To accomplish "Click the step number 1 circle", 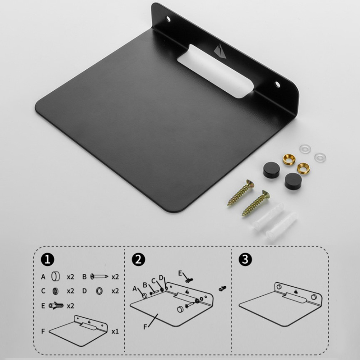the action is pyautogui.click(x=48, y=259).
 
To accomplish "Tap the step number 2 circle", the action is pyautogui.click(x=138, y=259).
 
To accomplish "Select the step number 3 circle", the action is pyautogui.click(x=245, y=259).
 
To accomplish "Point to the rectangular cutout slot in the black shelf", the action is pyautogui.click(x=215, y=71).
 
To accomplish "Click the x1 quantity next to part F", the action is pyautogui.click(x=115, y=332).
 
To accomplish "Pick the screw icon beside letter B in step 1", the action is pyautogui.click(x=99, y=276).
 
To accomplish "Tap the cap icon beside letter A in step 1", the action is pyautogui.click(x=56, y=276).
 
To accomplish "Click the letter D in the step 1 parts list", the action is pyautogui.click(x=84, y=291).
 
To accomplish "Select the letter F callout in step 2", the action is pyautogui.click(x=145, y=327).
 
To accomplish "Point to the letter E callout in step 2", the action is pyautogui.click(x=180, y=273).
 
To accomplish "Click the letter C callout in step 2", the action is pyautogui.click(x=153, y=281).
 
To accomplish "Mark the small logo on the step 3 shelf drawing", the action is pyautogui.click(x=296, y=292).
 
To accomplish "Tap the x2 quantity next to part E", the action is pyautogui.click(x=70, y=306).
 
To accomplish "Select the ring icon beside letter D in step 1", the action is pyautogui.click(x=100, y=291).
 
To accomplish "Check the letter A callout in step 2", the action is pyautogui.click(x=134, y=289).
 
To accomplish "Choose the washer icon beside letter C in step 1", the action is pyautogui.click(x=56, y=291).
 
